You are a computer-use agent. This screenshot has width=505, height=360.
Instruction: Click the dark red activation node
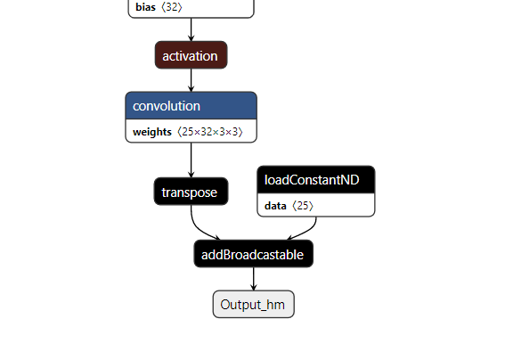[x=191, y=55]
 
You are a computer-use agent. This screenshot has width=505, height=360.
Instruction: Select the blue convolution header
[x=191, y=106]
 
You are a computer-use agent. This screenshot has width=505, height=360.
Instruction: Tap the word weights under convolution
[x=152, y=132]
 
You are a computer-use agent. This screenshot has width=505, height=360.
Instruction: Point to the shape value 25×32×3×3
[x=211, y=132]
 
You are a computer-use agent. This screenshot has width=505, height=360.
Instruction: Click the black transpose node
[x=191, y=192]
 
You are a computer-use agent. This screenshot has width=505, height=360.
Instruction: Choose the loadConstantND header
[x=315, y=180]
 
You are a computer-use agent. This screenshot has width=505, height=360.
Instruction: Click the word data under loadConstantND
[x=275, y=206]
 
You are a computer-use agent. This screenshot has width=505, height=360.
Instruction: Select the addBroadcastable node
[x=253, y=254]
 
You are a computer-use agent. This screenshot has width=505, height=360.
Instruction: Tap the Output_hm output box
[x=253, y=304]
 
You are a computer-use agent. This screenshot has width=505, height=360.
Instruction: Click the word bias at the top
[x=144, y=7]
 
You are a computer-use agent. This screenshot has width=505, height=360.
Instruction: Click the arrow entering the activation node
[x=191, y=29]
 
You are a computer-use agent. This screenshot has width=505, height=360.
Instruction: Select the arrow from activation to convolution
[x=191, y=79]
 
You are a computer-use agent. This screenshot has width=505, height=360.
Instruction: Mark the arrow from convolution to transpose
[x=191, y=160]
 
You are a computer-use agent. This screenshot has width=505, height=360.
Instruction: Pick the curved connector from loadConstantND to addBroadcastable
[x=307, y=228]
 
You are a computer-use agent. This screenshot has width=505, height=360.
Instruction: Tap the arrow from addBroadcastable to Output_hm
[x=253, y=278]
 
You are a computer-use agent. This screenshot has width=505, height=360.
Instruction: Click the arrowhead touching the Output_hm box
[x=253, y=287]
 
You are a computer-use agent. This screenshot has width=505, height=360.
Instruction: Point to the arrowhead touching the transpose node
[x=191, y=175]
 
